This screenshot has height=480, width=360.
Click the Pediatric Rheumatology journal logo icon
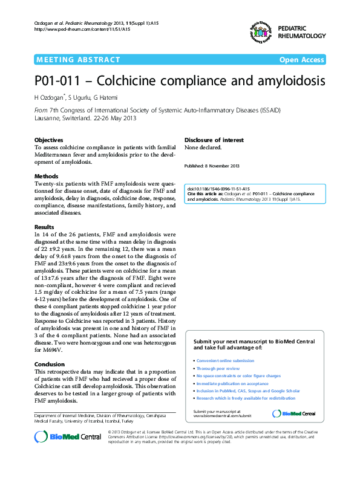tap(258, 31)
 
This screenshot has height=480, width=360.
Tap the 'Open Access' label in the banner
tap(301, 59)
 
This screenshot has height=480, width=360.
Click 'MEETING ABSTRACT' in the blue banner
tap(78, 59)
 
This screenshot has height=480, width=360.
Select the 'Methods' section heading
tap(46, 177)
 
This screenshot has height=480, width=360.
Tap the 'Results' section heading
tap(45, 227)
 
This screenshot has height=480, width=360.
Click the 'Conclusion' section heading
tap(50, 365)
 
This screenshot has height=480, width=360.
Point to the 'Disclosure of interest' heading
tap(214, 139)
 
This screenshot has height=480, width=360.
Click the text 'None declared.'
tap(203, 147)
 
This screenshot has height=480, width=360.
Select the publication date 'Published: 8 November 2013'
tap(212, 166)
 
